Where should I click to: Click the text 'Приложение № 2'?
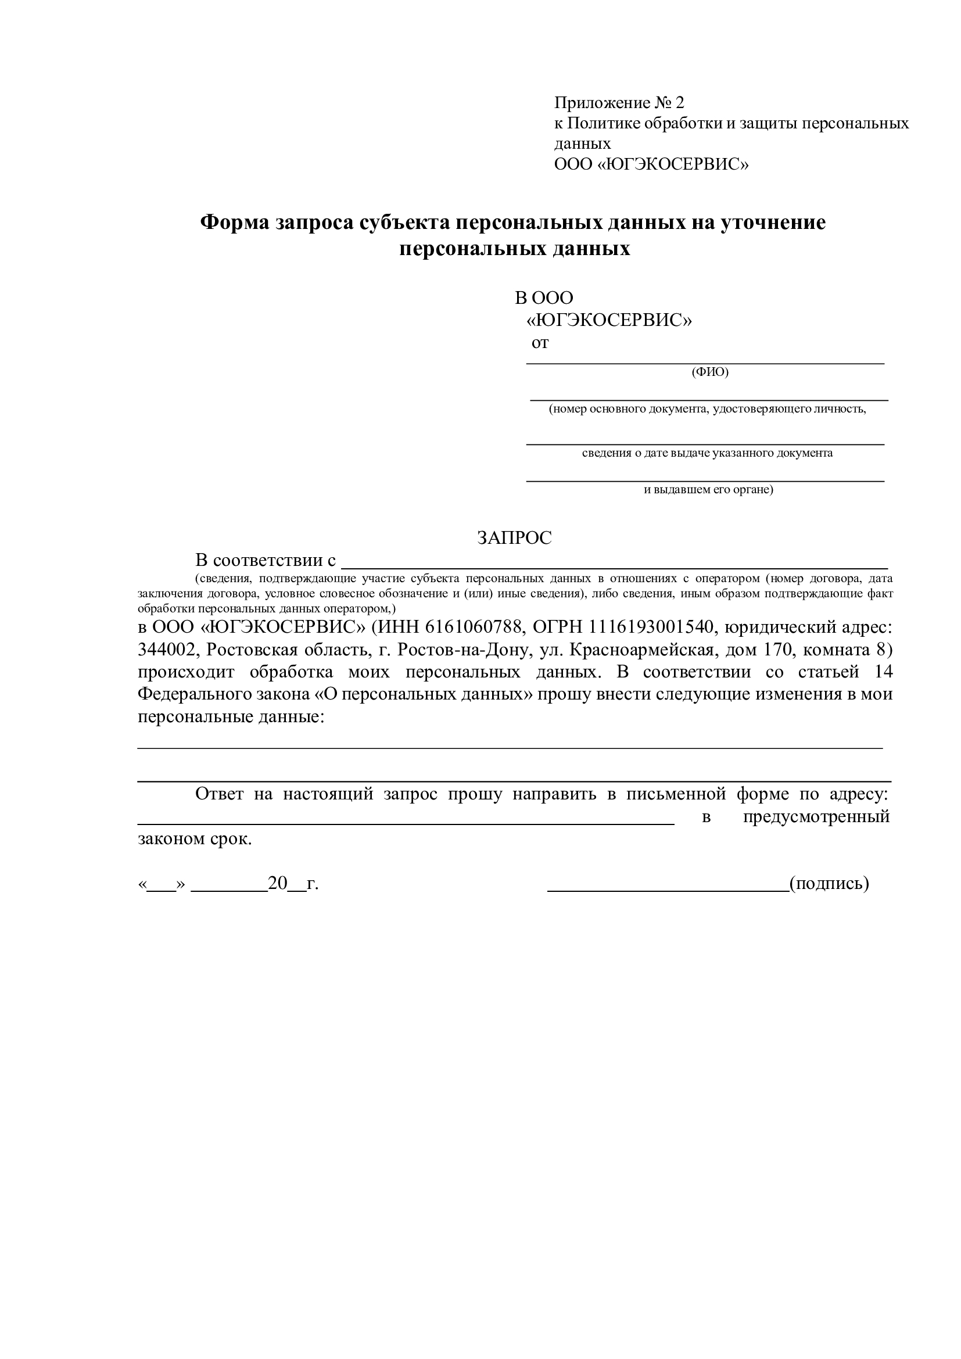click(x=618, y=103)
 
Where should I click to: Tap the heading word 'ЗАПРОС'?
click(x=514, y=537)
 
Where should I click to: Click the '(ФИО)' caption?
click(x=709, y=372)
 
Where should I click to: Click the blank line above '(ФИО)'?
click(x=705, y=363)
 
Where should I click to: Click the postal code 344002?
click(x=166, y=650)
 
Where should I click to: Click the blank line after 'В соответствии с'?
click(x=615, y=566)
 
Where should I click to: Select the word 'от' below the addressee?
click(x=540, y=343)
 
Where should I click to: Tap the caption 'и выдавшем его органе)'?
click(x=708, y=490)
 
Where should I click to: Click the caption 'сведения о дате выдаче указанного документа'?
click(x=707, y=453)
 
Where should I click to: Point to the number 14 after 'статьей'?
click(x=883, y=672)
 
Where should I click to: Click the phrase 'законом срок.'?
click(x=195, y=840)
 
